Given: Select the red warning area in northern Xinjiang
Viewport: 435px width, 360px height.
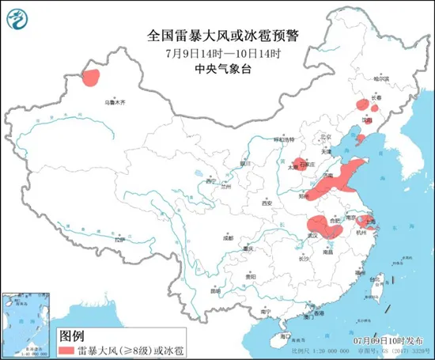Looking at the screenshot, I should coord(91,77).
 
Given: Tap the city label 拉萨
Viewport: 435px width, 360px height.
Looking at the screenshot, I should coord(119,238).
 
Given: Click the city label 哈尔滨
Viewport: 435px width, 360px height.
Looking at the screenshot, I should coord(381,79).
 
